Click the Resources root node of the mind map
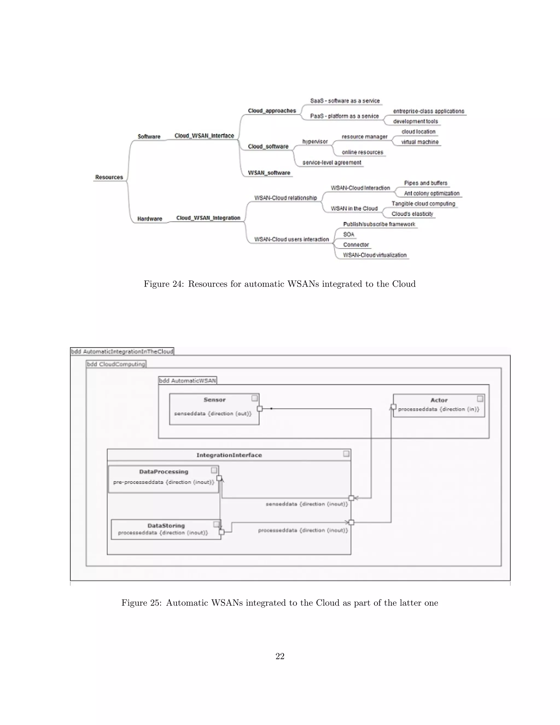point(109,177)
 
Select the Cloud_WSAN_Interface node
point(204,136)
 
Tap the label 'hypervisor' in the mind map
point(315,142)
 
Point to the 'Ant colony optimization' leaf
point(431,193)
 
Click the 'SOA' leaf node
point(348,234)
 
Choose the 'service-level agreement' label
point(331,162)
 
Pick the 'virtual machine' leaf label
point(420,142)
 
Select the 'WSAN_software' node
point(269,173)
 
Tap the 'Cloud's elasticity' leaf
point(412,214)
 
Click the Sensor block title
point(214,400)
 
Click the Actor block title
point(439,400)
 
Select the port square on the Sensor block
point(260,409)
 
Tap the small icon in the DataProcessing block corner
point(214,470)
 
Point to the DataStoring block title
point(166,526)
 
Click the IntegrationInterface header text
point(229,455)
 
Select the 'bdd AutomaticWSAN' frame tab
point(187,381)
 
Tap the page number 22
point(280,656)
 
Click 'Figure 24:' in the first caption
point(164,284)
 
